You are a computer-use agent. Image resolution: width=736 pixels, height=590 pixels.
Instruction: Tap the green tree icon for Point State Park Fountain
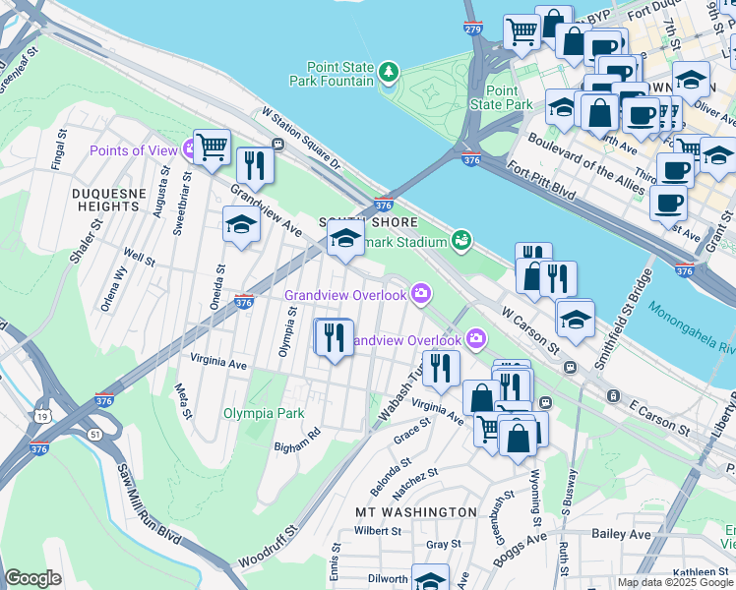[x=391, y=70]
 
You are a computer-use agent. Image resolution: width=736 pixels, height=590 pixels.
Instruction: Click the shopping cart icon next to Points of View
[x=212, y=148]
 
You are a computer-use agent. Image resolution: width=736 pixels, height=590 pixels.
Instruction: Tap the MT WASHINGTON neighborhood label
[x=415, y=512]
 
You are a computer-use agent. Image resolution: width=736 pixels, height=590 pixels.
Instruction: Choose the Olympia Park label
[x=264, y=413]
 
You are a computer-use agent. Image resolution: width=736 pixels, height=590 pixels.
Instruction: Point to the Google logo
[x=33, y=578]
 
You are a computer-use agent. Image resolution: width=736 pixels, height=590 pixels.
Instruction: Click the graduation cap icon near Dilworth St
[x=430, y=579]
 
